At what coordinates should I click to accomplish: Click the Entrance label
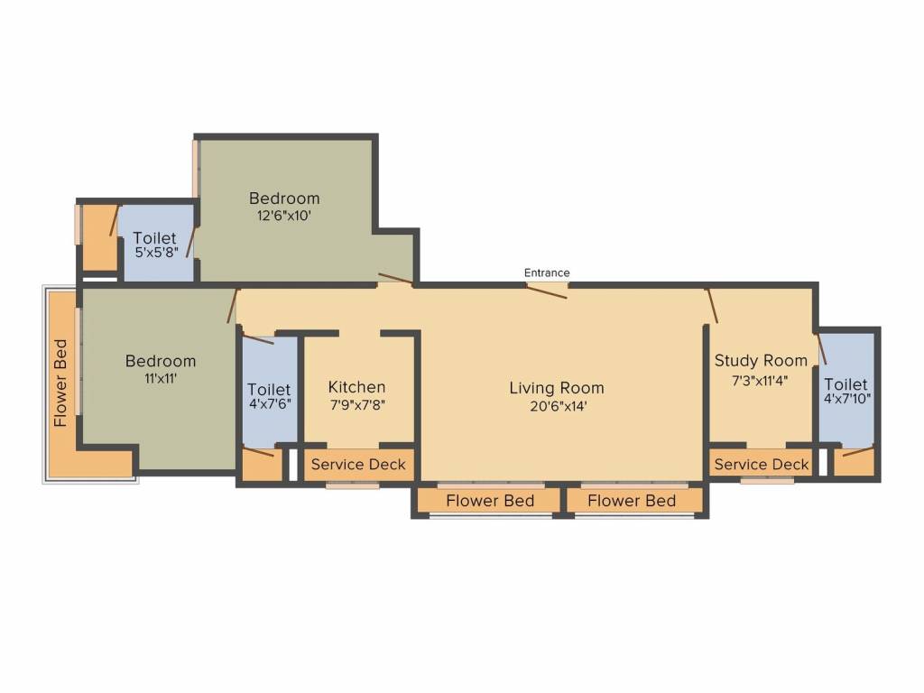click(547, 273)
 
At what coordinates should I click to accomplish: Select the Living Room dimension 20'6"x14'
click(558, 406)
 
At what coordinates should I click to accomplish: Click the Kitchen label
click(356, 387)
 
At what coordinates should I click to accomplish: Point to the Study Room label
click(761, 361)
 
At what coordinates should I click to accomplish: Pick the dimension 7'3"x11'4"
click(760, 381)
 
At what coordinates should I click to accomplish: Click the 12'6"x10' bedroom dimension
click(284, 216)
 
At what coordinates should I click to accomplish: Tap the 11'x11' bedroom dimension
click(161, 378)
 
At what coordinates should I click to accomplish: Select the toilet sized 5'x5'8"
click(155, 245)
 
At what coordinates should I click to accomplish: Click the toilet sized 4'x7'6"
click(269, 396)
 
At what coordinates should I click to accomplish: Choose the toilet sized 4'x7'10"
click(846, 391)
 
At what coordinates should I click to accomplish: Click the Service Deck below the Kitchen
click(358, 465)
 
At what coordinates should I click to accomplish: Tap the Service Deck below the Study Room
click(762, 465)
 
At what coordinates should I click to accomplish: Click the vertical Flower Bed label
click(60, 383)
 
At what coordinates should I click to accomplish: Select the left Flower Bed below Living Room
click(490, 501)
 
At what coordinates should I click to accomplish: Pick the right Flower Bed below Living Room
click(632, 501)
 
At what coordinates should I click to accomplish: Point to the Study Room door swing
click(713, 306)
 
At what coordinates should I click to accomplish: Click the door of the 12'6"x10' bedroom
click(395, 279)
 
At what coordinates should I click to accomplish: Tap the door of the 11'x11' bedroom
click(233, 306)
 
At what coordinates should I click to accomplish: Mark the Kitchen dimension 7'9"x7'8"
click(357, 405)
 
